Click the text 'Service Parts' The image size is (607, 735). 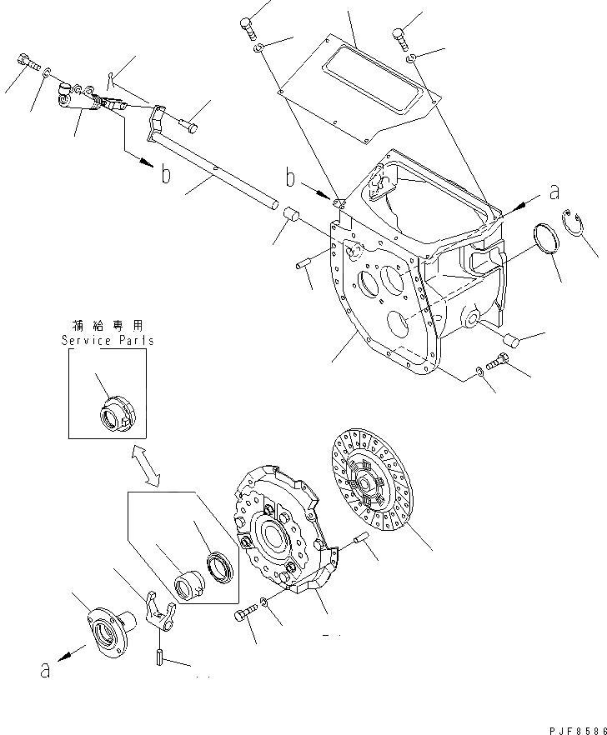[x=108, y=341]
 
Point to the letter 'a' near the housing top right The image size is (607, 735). [x=554, y=192]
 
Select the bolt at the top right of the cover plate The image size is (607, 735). [x=399, y=37]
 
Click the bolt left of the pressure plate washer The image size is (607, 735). [x=243, y=617]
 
